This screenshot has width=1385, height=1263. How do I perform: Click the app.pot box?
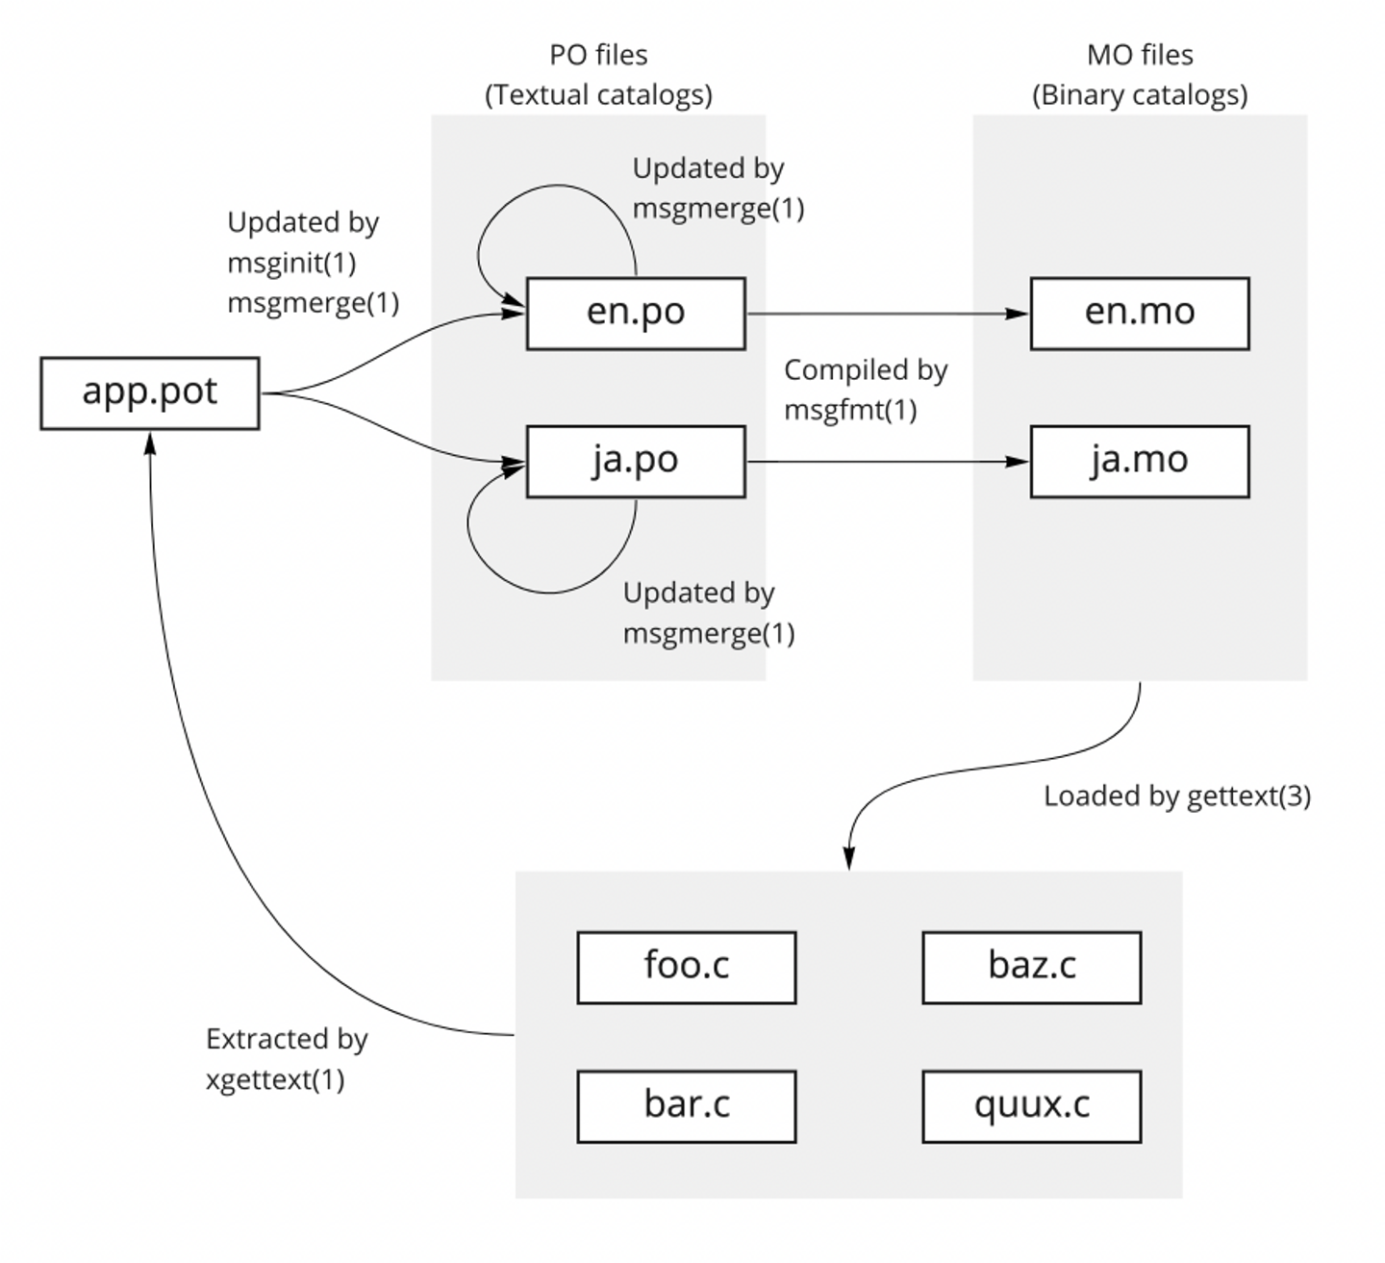point(149,392)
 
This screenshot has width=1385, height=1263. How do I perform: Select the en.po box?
point(635,314)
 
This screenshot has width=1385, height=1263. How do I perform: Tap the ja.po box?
point(635,462)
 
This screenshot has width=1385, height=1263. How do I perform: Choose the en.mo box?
point(1139,314)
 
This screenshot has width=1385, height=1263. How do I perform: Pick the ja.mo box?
point(1139,462)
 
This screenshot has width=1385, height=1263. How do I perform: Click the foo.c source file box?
point(686,967)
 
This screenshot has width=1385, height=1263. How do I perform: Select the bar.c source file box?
point(686,1106)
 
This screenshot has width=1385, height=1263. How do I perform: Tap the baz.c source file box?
point(1031,967)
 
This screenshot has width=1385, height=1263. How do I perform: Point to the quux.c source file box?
point(1031,1106)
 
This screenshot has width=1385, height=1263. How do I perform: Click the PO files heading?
point(598,56)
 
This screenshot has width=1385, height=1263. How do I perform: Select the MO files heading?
point(1140,56)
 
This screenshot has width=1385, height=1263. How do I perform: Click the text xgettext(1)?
point(275,1079)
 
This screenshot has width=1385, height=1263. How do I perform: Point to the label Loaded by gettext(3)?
point(1176,796)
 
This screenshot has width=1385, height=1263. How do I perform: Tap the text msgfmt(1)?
point(850,411)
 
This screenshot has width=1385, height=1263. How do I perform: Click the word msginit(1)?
point(291,263)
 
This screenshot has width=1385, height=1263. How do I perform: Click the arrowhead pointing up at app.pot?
point(149,441)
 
